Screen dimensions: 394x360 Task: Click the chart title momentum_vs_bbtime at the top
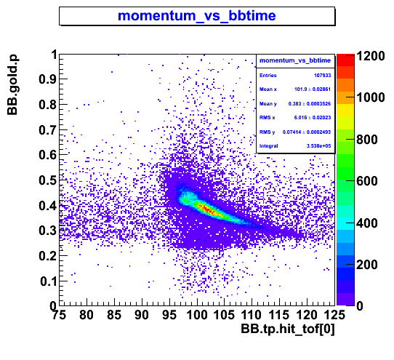[197, 15]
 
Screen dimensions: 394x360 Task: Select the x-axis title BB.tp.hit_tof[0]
[288, 329]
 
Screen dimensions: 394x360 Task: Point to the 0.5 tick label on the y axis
[47, 180]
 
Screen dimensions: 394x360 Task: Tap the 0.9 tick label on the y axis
[47, 79]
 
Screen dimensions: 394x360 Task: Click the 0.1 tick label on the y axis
[48, 281]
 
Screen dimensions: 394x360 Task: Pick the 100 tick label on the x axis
[197, 315]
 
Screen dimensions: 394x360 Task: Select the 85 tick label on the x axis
[114, 315]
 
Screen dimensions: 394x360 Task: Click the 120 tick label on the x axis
[307, 315]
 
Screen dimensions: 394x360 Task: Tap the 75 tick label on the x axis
[59, 315]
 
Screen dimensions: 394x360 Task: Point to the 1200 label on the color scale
[371, 56]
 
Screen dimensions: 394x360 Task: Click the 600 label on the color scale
[367, 181]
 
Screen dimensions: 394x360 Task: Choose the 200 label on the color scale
[367, 265]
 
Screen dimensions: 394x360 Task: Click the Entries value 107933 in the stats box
[322, 76]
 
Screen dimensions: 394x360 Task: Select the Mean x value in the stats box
[313, 89]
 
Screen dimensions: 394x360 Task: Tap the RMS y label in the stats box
[267, 132]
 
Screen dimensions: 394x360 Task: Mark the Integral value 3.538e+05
[318, 146]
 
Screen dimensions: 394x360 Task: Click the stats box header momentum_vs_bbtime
[295, 60]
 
